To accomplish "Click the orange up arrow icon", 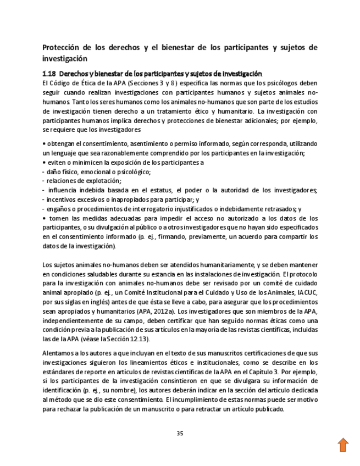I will click(x=343, y=445).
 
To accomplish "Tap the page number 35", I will click(x=180, y=433).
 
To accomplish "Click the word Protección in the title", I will click(x=63, y=48).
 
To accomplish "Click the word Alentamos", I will click(x=59, y=353).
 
